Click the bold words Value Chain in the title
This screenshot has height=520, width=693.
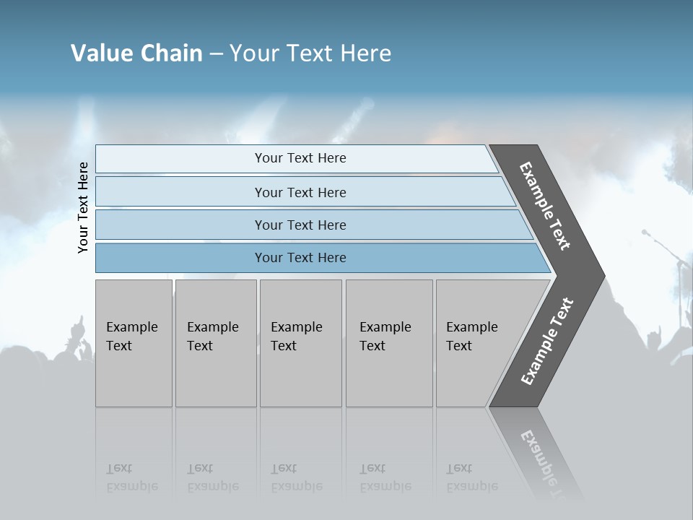point(136,53)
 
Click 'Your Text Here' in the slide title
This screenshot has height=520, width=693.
point(310,53)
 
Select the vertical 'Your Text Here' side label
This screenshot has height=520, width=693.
point(83,208)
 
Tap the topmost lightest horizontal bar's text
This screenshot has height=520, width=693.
point(300,158)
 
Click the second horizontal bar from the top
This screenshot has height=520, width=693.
point(300,192)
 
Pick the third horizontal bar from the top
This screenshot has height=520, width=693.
point(300,225)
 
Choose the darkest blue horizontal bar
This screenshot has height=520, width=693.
point(300,258)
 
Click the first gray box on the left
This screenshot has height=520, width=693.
point(134,343)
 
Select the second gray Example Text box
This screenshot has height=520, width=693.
point(215,343)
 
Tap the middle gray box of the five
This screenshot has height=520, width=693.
point(300,343)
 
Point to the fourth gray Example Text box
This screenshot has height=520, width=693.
point(388,343)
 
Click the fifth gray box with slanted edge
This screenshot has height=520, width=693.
point(476,343)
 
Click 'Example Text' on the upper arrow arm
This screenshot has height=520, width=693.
point(545,206)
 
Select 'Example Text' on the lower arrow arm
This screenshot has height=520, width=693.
point(547,341)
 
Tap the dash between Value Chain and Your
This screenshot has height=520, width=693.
point(216,54)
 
